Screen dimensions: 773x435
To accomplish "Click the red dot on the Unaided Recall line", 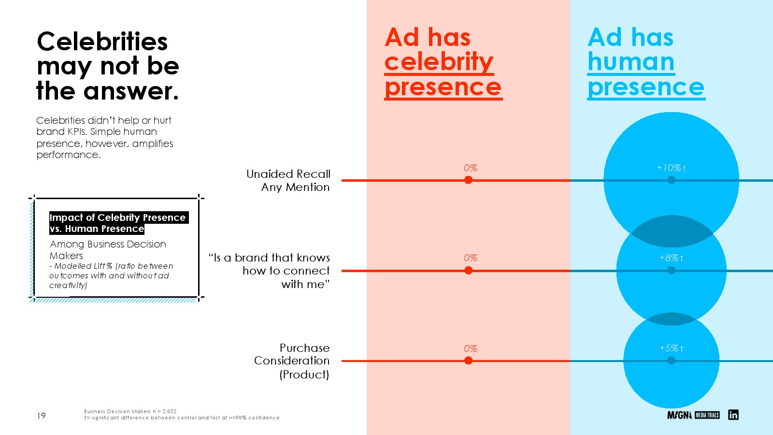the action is point(468,180).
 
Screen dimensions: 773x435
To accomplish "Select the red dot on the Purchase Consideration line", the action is point(468,361).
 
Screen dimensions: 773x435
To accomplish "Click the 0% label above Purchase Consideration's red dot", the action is point(471,348).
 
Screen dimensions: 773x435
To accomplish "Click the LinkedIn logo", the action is point(733,415).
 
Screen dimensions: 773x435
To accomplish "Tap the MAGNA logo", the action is point(679,415).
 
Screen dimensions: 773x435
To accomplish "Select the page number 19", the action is point(41,416).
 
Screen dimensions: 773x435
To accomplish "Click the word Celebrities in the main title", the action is point(102,42).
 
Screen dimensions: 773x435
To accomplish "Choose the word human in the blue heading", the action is point(631,62).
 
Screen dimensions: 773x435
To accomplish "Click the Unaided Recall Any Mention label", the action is point(288,180).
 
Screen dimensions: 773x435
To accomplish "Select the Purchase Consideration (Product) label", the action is point(292,361).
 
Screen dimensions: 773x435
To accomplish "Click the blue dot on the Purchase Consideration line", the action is point(671,361).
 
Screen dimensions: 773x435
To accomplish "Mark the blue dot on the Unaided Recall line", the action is point(671,180).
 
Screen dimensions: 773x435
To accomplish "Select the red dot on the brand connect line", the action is point(468,270).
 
